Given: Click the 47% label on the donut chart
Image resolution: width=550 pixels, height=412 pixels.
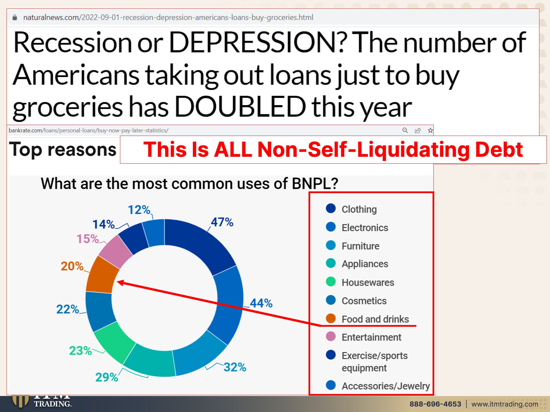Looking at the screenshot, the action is [222, 222].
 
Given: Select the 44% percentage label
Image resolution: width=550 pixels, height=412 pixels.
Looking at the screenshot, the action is [261, 303].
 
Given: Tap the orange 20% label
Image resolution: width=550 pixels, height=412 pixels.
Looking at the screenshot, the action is [72, 266].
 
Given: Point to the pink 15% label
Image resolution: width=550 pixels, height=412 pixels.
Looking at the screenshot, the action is [88, 239].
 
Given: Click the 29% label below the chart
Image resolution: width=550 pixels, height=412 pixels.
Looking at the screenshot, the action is [107, 377].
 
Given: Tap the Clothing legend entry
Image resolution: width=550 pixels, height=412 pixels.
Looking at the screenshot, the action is [351, 209].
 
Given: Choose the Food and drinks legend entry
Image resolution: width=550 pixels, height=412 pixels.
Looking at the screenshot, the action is [367, 319].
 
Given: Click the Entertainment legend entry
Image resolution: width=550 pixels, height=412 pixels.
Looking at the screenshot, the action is [364, 337].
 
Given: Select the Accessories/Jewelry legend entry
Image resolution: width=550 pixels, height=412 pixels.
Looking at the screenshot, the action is [378, 386].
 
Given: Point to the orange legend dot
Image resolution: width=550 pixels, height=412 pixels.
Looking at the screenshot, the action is [331, 318].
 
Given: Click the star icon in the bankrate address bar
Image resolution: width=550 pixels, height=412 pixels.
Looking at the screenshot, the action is [430, 130].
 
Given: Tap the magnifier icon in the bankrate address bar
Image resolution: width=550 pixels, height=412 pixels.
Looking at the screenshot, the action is [405, 130].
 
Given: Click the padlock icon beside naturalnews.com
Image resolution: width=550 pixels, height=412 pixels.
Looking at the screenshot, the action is [15, 17].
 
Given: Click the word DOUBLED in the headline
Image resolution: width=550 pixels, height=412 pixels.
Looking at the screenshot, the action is [240, 107].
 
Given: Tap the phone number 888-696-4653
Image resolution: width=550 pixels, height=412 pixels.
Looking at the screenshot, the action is [435, 404].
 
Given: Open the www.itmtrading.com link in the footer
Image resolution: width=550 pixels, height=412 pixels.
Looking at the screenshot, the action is [505, 404].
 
